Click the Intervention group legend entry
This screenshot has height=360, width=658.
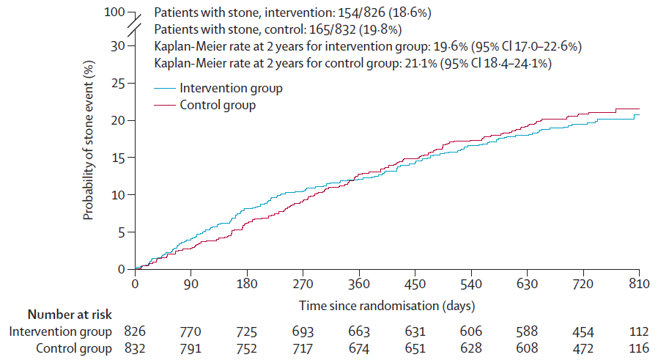click(218, 88)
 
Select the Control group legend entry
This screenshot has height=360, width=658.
click(204, 105)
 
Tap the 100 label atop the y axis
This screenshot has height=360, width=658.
click(114, 12)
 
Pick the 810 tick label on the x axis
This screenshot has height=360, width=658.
click(639, 284)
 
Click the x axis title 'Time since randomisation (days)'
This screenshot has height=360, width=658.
click(386, 306)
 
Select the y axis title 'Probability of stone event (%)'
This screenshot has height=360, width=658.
click(88, 141)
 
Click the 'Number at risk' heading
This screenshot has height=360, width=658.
click(70, 315)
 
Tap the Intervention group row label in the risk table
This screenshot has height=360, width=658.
click(60, 331)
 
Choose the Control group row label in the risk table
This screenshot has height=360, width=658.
click(74, 348)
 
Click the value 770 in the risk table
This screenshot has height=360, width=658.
click(191, 331)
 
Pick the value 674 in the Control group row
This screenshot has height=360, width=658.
click(359, 348)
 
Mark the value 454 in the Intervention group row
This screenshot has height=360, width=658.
click(583, 331)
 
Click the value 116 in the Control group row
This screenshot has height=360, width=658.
click(639, 348)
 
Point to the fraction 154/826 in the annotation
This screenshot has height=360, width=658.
click(361, 12)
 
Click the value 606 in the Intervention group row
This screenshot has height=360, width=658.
click(471, 331)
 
